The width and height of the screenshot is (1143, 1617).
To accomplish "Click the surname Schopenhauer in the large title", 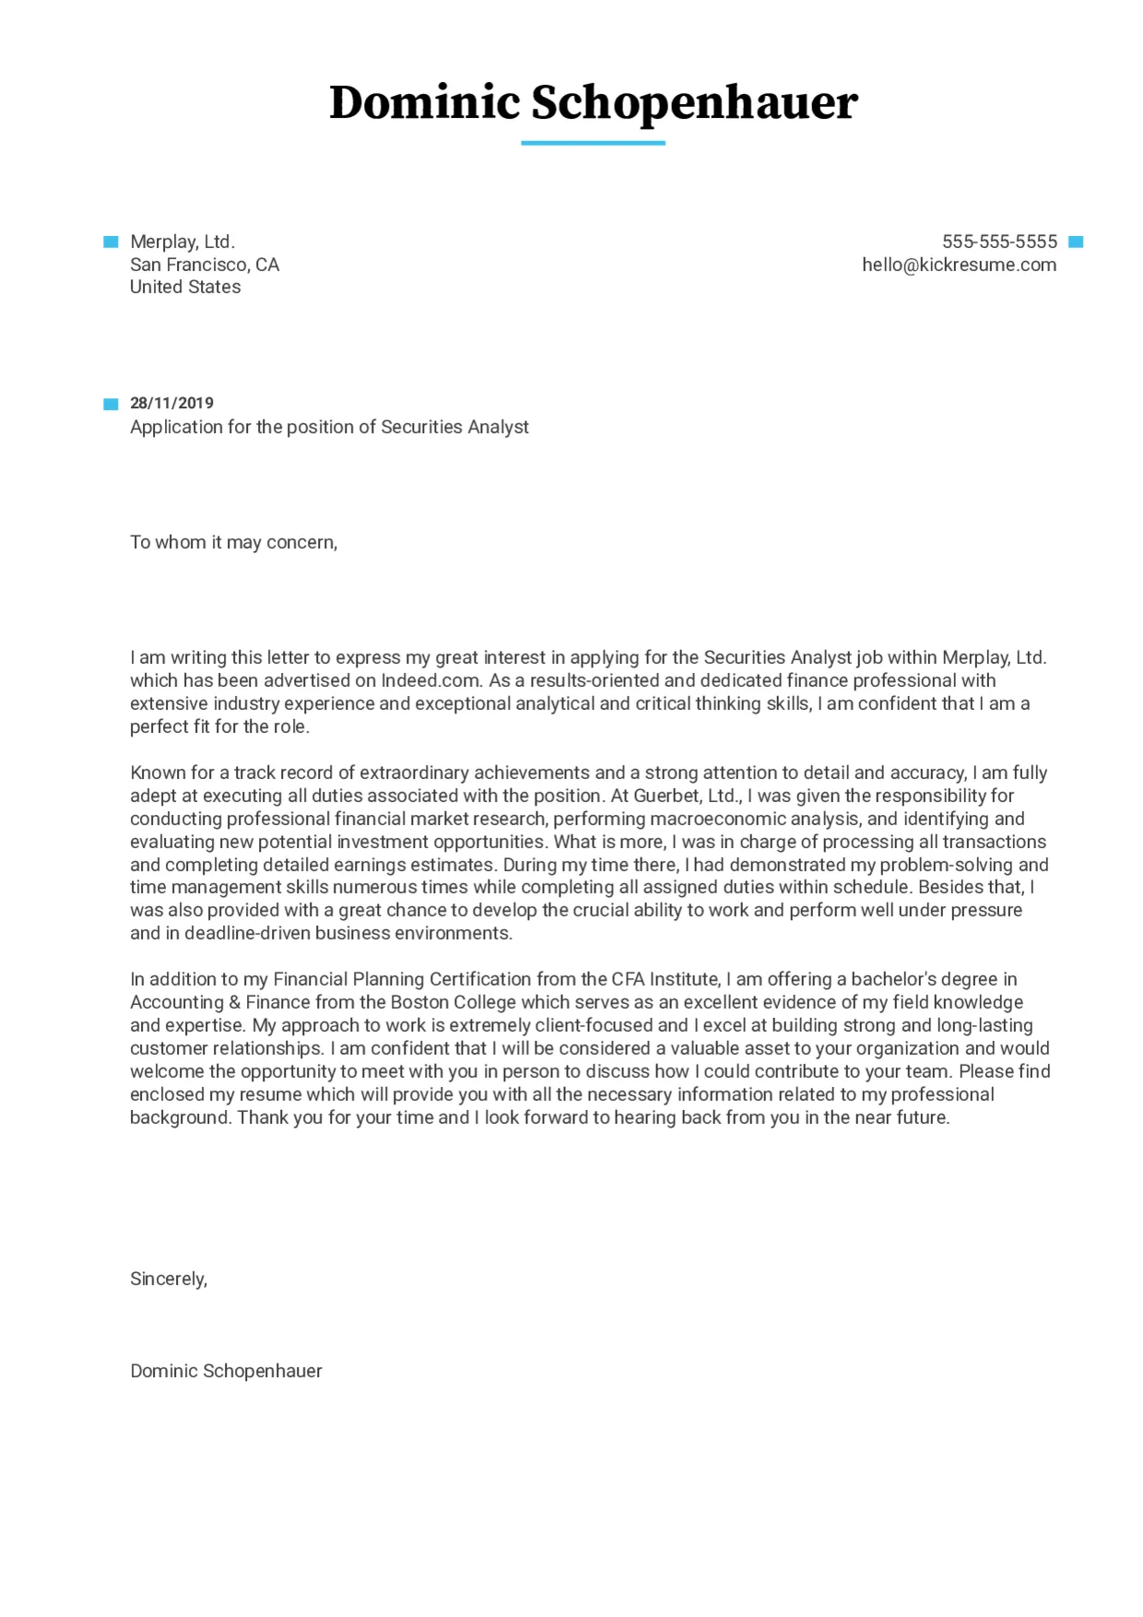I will pos(694,103).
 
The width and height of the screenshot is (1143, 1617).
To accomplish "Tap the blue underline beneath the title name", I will pos(593,143).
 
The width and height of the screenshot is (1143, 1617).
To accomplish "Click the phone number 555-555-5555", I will pos(999,242).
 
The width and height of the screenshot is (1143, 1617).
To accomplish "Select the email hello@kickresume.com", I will pos(959,265).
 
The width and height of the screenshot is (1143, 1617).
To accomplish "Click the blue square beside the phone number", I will pos(1076,242).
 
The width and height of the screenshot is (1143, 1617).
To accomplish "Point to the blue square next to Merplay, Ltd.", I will pos(111,242).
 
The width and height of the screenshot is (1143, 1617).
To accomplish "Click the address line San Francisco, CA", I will pos(204,265).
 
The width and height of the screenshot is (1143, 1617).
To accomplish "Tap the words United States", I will pos(185,287).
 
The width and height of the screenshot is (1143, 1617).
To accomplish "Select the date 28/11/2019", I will pos(171,403).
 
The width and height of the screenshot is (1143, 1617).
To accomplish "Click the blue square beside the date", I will pos(111,404).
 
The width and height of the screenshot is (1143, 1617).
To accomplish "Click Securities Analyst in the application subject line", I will pos(454,427).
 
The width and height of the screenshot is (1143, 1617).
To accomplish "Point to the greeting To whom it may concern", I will pos(233,542).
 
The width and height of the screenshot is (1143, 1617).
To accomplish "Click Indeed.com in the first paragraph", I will pos(430,680).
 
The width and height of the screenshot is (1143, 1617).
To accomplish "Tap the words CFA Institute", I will pos(665,979).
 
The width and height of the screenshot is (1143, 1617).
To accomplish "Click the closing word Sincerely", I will pos(168,1279).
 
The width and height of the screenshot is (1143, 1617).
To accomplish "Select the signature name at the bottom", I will pos(226,1371).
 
